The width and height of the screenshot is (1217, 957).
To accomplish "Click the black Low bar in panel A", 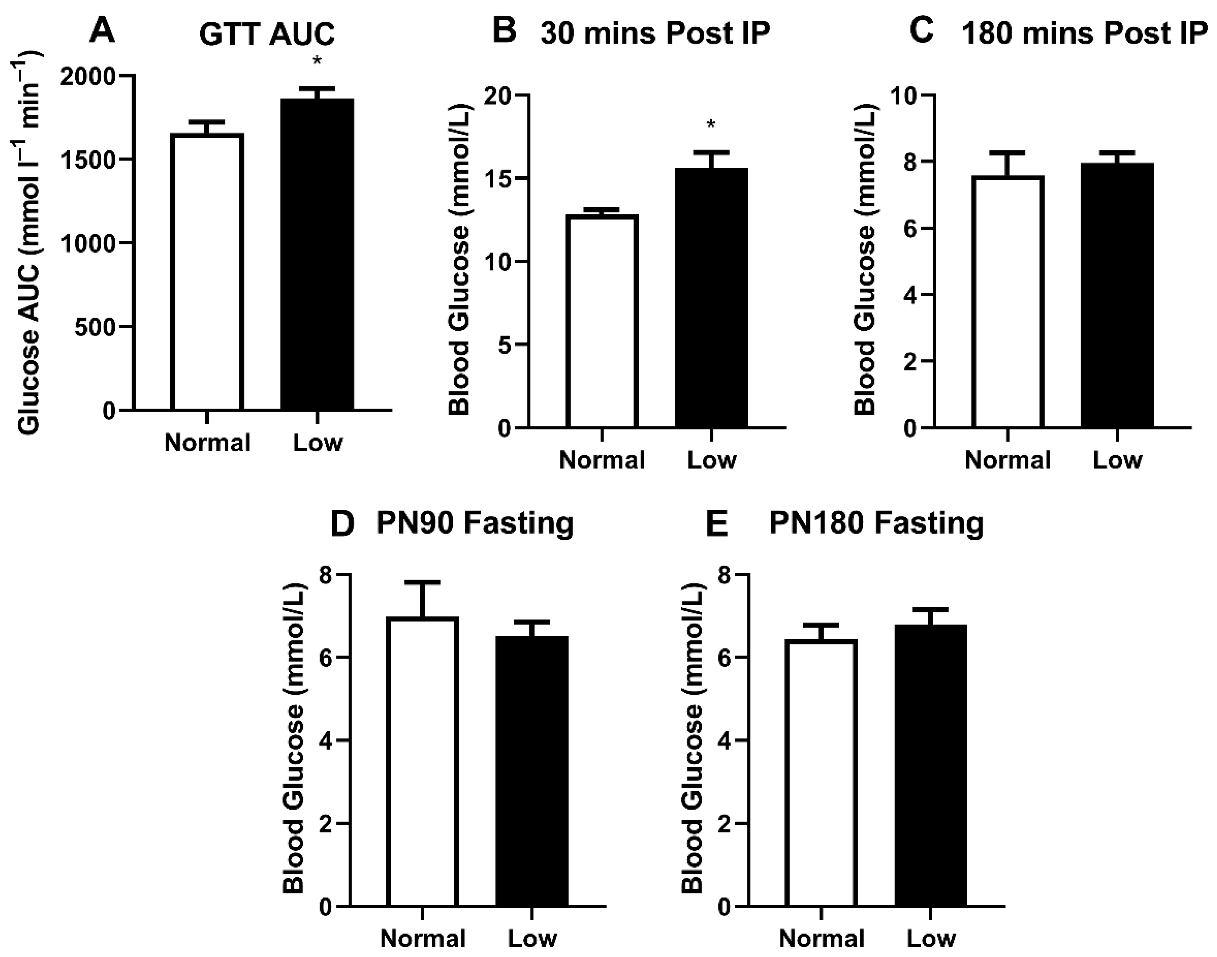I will tap(317, 255).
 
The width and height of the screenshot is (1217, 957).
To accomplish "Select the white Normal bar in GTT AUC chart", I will tap(207, 272).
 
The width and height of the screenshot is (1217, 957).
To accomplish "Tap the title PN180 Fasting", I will tap(876, 523).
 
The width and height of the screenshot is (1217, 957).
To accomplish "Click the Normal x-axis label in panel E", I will tap(821, 938).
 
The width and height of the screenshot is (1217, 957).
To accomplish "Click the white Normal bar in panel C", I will tap(1007, 303).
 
